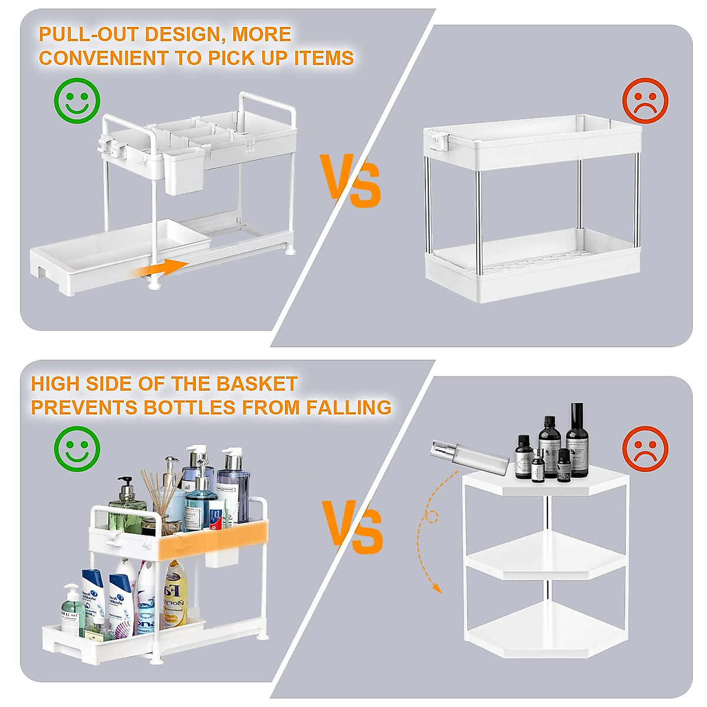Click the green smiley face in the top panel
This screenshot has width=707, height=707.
(77, 100)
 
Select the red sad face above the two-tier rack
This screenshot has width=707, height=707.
(645, 101)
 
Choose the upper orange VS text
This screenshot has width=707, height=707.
(351, 180)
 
